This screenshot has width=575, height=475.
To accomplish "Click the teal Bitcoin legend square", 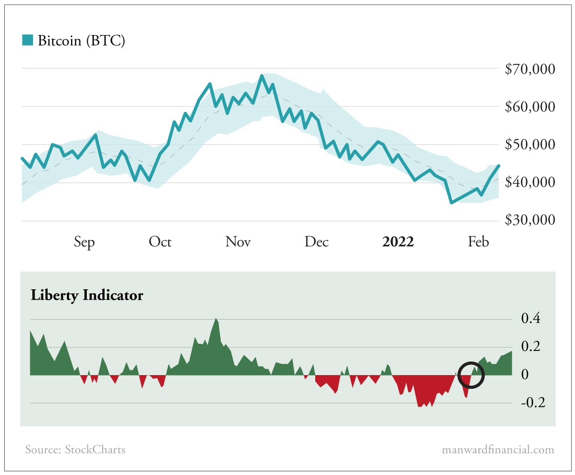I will (27, 40).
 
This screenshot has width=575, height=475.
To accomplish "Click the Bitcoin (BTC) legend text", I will (81, 41).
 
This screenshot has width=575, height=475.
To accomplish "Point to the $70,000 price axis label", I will (530, 69).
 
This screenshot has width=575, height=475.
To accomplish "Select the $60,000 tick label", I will (530, 107).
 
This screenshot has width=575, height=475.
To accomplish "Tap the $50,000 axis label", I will (530, 145).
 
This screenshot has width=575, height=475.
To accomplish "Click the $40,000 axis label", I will (530, 183).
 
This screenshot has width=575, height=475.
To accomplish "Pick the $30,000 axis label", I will (530, 220).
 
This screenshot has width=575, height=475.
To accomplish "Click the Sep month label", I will (84, 242).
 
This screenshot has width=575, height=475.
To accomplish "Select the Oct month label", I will (160, 242).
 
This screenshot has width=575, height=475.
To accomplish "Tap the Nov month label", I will (238, 242).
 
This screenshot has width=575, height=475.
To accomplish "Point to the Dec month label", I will (316, 242).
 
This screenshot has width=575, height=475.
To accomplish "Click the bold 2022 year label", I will (398, 242).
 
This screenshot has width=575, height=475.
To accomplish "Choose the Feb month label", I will (478, 242).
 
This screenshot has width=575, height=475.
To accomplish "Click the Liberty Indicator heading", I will (87, 295).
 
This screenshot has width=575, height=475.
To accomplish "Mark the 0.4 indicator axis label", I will (531, 319).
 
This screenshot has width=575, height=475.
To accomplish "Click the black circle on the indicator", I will (471, 375).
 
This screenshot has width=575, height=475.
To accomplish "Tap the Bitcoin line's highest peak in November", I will (261, 76).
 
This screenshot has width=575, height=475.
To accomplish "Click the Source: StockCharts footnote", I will (75, 449).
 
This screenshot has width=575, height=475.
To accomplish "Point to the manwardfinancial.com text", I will (498, 449).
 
